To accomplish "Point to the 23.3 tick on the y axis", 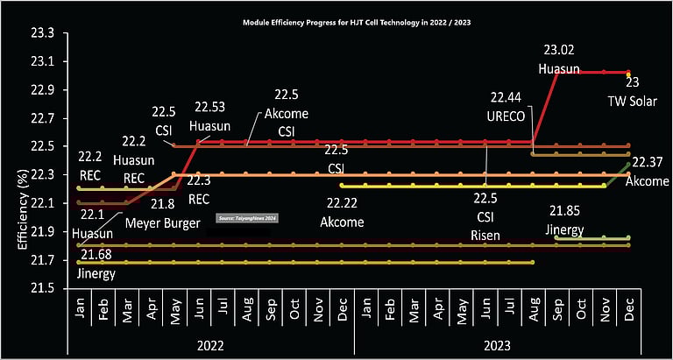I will (x=42, y=33).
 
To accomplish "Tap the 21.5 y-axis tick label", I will (x=42, y=288).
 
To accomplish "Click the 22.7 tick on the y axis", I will (x=42, y=118).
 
